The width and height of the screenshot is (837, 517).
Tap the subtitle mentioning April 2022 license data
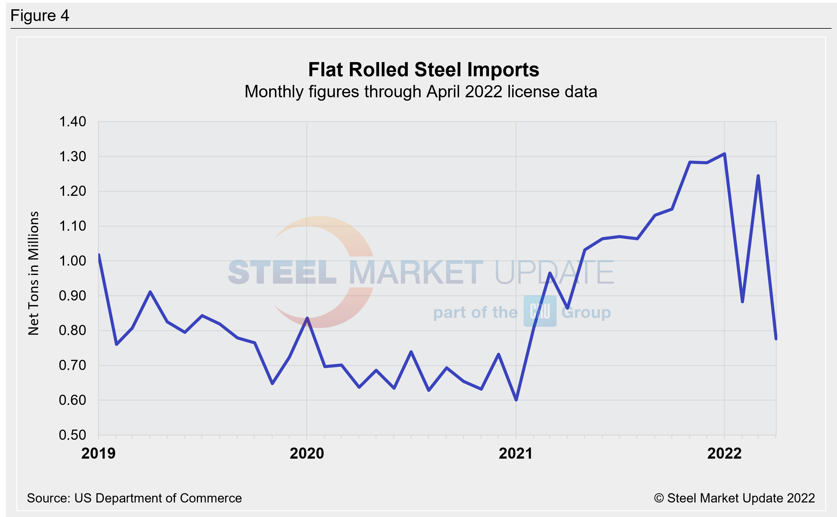(421, 92)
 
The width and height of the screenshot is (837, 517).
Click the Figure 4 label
(40, 16)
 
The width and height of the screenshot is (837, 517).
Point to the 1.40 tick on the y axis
(73, 122)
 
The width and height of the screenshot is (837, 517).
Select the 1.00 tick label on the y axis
(73, 261)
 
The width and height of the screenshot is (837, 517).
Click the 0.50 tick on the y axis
(73, 435)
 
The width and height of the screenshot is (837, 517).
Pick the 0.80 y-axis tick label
(73, 330)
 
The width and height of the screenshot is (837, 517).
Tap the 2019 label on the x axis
(99, 454)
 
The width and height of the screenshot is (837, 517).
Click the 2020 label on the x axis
(307, 454)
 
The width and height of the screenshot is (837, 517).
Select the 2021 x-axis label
(516, 454)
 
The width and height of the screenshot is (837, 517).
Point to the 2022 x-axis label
(724, 454)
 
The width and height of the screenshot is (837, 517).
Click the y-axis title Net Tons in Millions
(33, 273)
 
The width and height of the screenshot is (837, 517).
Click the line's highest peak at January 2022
(724, 154)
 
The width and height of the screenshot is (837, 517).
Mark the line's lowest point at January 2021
(516, 400)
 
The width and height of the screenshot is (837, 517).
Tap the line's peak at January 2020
(307, 318)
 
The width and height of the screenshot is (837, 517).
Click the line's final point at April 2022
(776, 338)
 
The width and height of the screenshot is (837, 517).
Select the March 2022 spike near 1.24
(758, 176)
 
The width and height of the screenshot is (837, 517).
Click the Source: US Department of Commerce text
(134, 498)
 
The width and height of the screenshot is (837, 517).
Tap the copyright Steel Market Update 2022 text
(734, 498)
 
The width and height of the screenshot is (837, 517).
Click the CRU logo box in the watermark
(540, 311)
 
